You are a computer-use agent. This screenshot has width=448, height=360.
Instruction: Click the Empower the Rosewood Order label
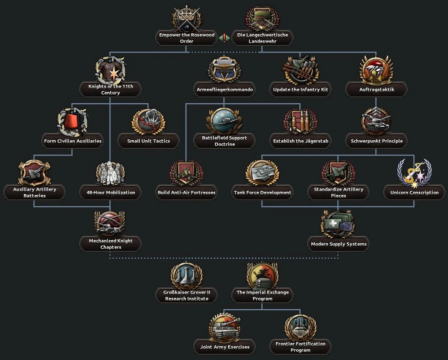pos(187,38)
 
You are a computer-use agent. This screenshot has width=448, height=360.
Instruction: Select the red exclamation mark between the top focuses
pos(224,38)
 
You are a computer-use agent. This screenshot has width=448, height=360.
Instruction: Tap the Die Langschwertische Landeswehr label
pos(262,38)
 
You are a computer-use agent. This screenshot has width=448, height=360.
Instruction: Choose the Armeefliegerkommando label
pos(224,90)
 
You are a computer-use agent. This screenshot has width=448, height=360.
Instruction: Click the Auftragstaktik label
pos(376,90)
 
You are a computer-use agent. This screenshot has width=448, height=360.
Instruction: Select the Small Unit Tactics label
pos(148,141)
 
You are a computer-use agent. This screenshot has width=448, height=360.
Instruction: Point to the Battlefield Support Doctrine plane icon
pos(224,121)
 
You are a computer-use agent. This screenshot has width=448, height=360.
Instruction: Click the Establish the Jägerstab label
pos(300,141)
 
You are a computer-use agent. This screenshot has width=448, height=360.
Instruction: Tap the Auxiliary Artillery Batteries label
pos(34,192)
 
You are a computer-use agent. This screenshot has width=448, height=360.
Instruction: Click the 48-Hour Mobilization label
pos(110,192)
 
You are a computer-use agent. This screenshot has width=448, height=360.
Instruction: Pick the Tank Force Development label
pos(262,192)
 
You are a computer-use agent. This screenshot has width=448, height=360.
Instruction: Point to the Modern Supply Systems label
pos(338,244)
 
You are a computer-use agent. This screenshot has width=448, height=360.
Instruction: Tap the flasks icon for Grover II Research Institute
pos(186,276)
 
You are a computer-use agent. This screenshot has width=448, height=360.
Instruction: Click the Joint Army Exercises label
pos(224,347)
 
